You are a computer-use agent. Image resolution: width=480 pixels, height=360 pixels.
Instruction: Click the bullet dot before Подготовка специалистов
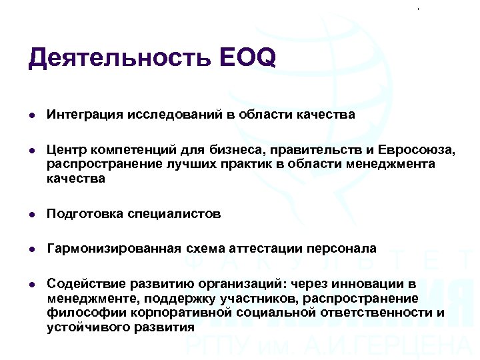coord(32,215)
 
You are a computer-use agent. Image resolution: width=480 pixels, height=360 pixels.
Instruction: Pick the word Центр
coord(63,149)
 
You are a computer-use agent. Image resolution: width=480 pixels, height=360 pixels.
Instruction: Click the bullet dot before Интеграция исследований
coord(32,115)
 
